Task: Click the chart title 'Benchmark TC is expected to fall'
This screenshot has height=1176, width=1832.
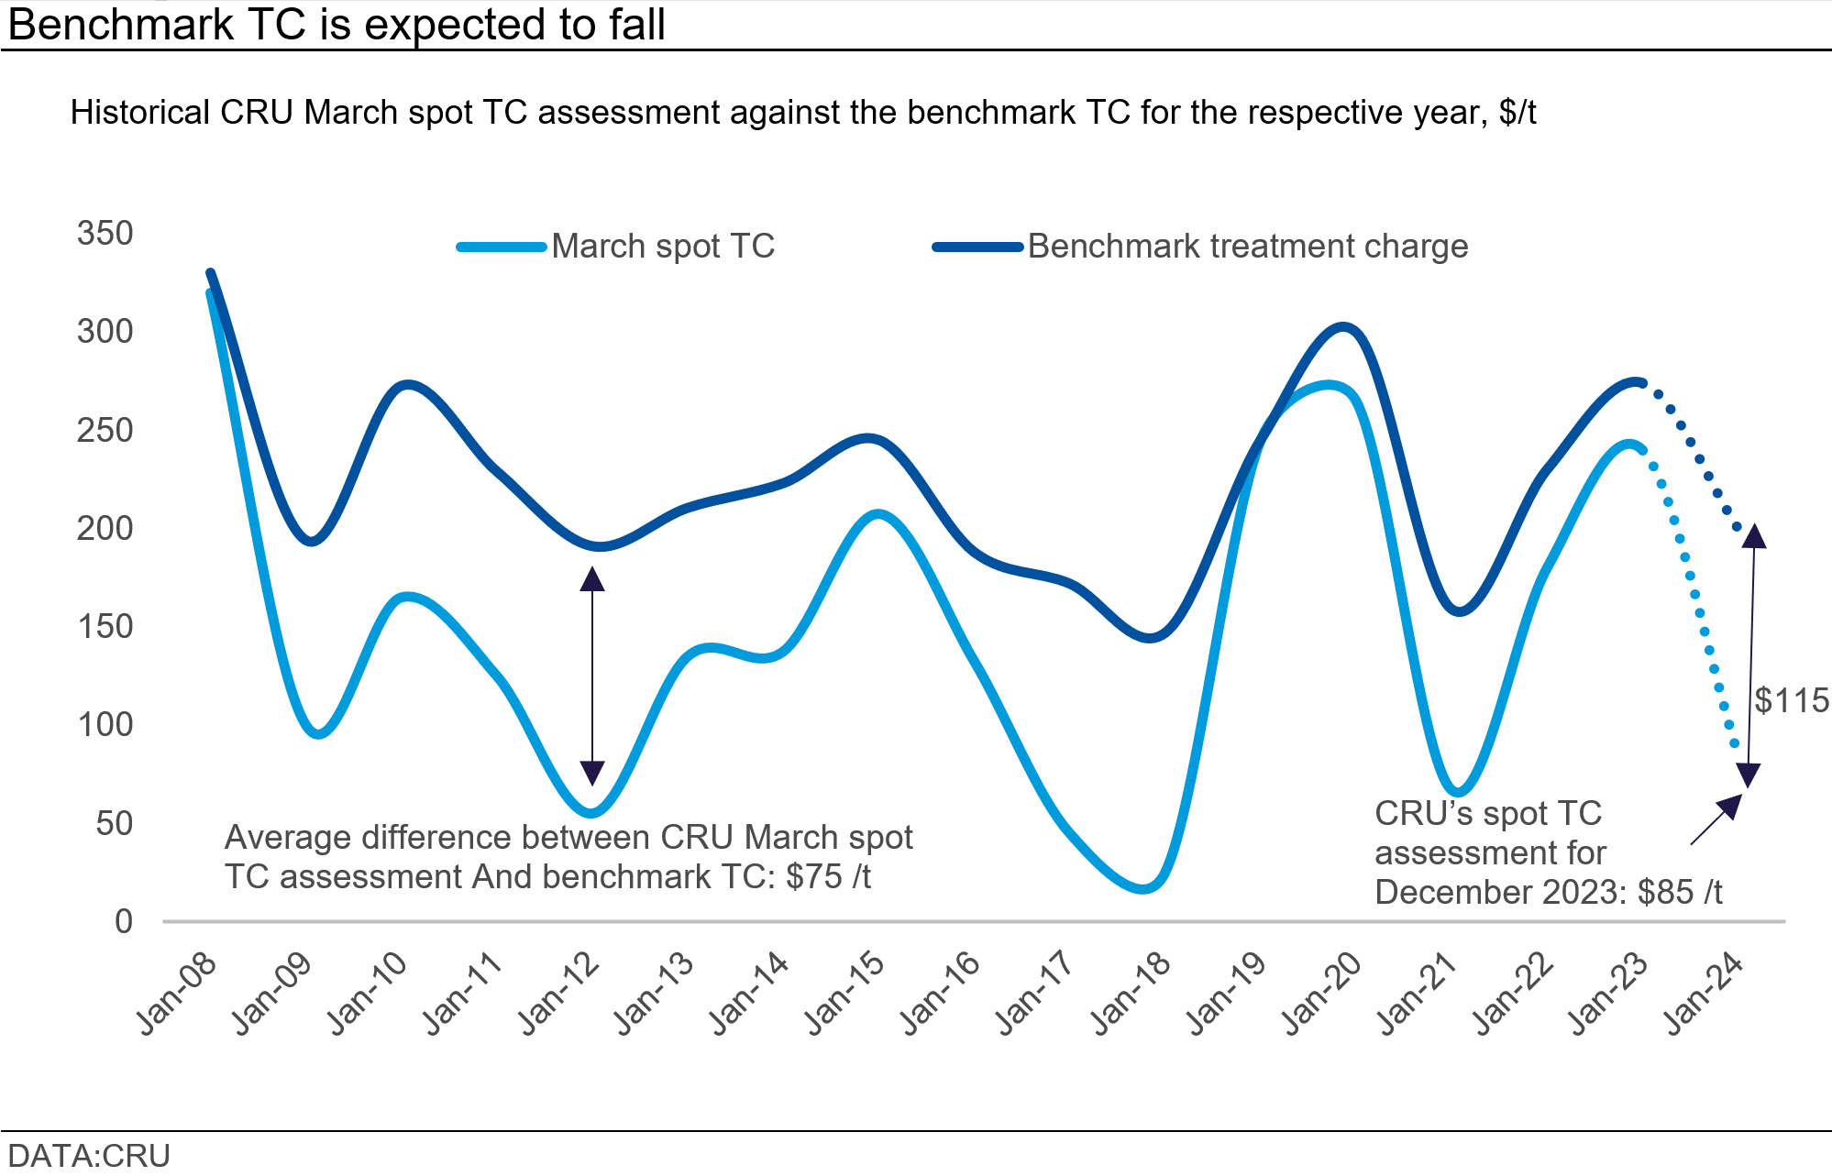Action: [x=336, y=24]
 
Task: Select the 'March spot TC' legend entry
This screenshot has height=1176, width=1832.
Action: [x=662, y=247]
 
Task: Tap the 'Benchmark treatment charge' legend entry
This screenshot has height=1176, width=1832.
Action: [x=1247, y=247]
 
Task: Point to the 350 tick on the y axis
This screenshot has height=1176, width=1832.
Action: [x=105, y=234]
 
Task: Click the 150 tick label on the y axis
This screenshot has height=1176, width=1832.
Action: [x=105, y=627]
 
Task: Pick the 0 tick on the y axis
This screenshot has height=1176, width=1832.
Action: [x=124, y=922]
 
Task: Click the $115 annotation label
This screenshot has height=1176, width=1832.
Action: [x=1791, y=701]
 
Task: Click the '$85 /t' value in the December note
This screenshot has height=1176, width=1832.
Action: [x=1680, y=893]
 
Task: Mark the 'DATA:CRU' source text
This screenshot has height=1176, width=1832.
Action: [x=89, y=1156]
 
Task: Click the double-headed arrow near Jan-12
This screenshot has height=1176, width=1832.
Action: [x=592, y=676]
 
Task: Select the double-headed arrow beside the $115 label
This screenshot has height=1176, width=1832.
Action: [x=1751, y=655]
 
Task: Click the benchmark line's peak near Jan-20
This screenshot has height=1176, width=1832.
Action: [x=1342, y=327]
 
